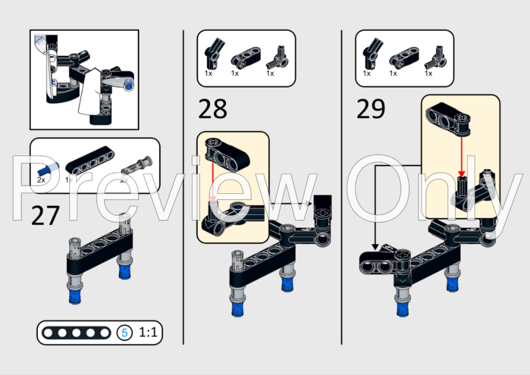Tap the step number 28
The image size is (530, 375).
tap(212, 108)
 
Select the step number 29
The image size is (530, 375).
tap(371, 108)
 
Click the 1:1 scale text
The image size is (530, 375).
tap(148, 332)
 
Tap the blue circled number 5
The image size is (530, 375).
tap(125, 333)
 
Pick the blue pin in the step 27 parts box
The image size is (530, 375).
tap(45, 168)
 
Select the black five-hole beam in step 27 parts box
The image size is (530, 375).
tap(89, 165)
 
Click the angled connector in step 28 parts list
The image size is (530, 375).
tap(210, 57)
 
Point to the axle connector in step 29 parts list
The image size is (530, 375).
tap(433, 59)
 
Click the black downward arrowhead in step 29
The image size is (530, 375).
tap(375, 246)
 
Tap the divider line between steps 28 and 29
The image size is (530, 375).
tap(341, 189)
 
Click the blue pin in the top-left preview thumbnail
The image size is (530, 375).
tap(129, 86)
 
